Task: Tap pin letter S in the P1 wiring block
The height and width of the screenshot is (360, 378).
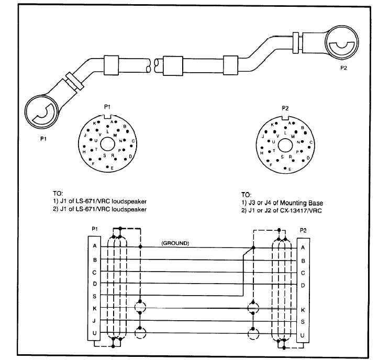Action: pyautogui.click(x=94, y=296)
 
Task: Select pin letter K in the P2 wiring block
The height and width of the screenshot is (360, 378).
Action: pyautogui.click(x=303, y=309)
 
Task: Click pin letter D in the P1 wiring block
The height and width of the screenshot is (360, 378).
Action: pyautogui.click(x=94, y=284)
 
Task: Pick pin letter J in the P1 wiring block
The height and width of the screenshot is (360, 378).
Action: pyautogui.click(x=94, y=321)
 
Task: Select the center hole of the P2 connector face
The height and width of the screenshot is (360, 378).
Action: pyautogui.click(x=285, y=143)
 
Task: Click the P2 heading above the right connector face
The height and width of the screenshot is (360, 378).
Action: pyautogui.click(x=285, y=108)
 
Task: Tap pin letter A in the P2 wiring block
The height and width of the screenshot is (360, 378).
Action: pyautogui.click(x=303, y=248)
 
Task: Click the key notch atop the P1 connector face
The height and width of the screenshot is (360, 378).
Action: pyautogui.click(x=108, y=116)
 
